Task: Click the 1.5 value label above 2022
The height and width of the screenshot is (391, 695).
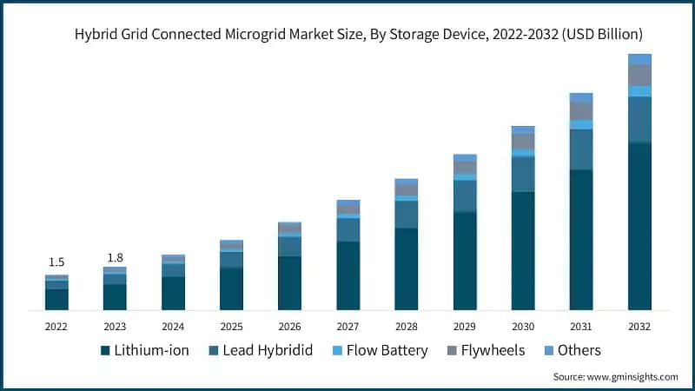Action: [56, 262]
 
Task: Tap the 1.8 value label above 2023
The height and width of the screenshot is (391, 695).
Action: [115, 258]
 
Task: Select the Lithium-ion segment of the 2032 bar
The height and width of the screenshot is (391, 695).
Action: [639, 226]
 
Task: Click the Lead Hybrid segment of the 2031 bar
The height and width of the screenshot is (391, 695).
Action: [581, 149]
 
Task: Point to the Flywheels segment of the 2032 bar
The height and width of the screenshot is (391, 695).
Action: [639, 75]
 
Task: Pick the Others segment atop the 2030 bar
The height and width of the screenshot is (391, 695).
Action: [523, 129]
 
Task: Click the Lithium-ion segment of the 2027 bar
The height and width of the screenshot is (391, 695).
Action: [347, 275]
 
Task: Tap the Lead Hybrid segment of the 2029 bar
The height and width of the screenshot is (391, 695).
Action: [465, 196]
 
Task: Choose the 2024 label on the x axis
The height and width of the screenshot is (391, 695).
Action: [173, 327]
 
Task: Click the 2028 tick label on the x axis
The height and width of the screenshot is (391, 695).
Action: [406, 327]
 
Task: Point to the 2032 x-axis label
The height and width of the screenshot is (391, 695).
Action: [639, 327]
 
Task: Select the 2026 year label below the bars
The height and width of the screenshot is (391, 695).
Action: [289, 327]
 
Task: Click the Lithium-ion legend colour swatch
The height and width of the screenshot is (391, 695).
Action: [105, 351]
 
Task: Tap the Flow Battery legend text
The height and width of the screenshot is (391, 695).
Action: [387, 351]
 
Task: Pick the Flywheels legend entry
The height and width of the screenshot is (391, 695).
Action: [487, 351]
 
